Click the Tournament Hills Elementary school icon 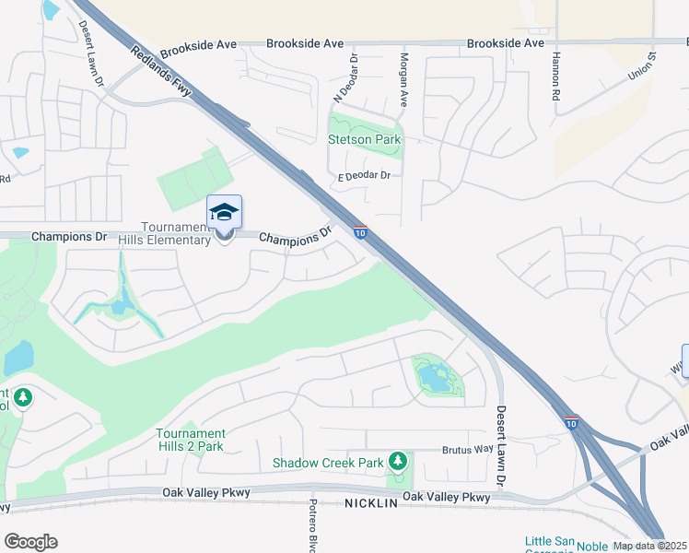[225, 213]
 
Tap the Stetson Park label [365, 140]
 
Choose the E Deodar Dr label [365, 175]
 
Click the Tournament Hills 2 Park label [191, 440]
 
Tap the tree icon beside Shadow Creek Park [398, 460]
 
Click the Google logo [30, 542]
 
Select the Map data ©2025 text [650, 546]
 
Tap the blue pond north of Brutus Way [433, 376]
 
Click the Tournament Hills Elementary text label [165, 234]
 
